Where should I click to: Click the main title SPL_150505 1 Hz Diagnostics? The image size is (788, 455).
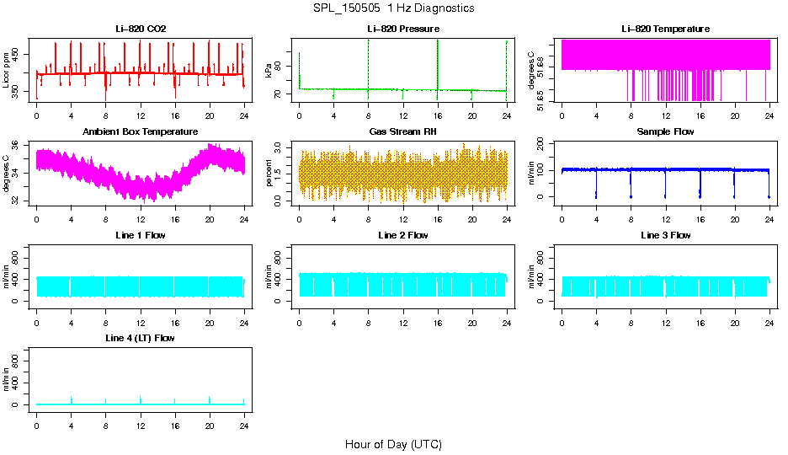click(x=392, y=8)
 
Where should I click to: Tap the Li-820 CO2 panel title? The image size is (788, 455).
click(x=141, y=29)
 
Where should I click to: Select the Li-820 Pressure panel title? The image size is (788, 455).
click(x=402, y=29)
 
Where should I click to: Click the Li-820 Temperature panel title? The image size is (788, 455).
click(x=665, y=29)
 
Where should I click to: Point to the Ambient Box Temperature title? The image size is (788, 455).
click(x=141, y=131)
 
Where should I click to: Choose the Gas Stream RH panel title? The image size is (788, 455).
click(x=402, y=131)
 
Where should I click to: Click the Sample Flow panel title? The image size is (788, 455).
click(x=665, y=131)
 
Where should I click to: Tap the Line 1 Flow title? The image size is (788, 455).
click(x=141, y=235)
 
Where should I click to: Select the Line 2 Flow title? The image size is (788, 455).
click(x=402, y=235)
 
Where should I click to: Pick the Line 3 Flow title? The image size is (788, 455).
click(x=665, y=235)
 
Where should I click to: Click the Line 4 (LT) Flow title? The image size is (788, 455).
click(x=141, y=338)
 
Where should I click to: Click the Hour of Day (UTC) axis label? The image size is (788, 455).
click(x=392, y=444)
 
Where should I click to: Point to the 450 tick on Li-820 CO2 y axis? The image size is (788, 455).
click(x=19, y=55)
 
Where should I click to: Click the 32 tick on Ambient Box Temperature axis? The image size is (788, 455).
click(x=19, y=200)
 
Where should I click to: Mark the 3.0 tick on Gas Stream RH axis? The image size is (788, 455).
click(x=282, y=147)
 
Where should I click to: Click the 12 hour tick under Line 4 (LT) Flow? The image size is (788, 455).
click(x=141, y=420)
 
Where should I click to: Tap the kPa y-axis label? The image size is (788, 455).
click(x=269, y=70)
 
